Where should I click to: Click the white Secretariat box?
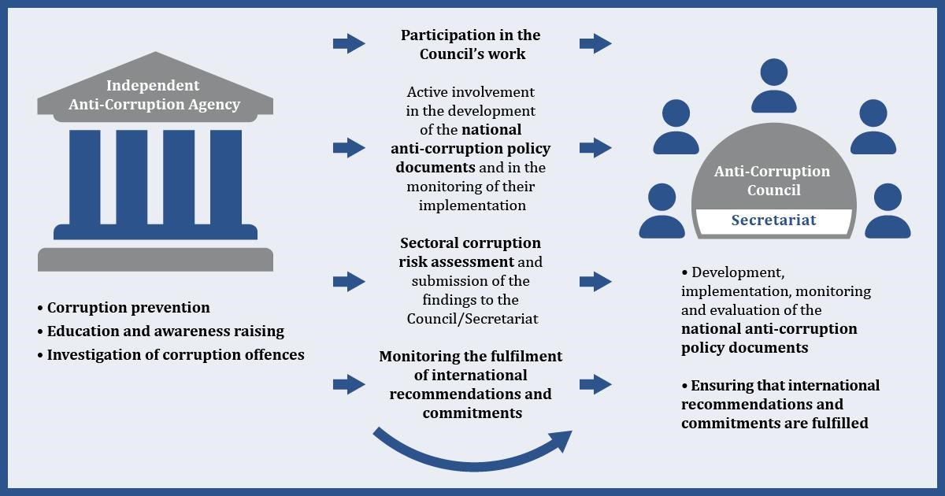point(773,221)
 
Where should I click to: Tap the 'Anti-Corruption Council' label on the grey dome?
point(772,180)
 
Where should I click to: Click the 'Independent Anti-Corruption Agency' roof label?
point(154,95)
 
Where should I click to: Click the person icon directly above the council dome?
point(773,86)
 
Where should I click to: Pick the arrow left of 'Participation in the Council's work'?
point(349,43)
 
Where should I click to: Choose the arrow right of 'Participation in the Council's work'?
point(595,43)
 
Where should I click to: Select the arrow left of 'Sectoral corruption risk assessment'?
point(349,281)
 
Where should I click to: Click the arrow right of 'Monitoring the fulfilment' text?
point(595,384)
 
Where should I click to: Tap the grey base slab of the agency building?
point(155,259)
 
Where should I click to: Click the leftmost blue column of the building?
point(85,177)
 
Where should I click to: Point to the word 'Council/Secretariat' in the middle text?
point(472,319)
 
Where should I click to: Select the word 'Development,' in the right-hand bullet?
point(739,273)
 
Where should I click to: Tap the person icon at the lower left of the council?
point(662,211)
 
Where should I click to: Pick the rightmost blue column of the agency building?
point(226,177)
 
